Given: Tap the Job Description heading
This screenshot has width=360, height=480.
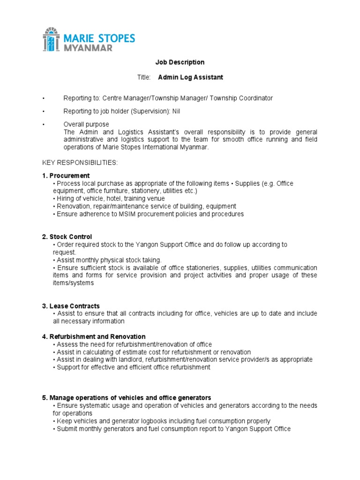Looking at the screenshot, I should pyautogui.click(x=180, y=62).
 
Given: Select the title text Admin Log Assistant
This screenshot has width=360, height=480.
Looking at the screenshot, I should pyautogui.click(x=190, y=77).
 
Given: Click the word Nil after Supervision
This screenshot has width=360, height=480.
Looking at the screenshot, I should pyautogui.click(x=176, y=111).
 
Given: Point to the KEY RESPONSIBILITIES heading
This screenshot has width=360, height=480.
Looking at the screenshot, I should pyautogui.click(x=80, y=162).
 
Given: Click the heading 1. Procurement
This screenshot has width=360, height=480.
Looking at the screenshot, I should pyautogui.click(x=66, y=175).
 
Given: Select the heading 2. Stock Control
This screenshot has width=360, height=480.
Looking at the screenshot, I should pyautogui.click(x=67, y=237).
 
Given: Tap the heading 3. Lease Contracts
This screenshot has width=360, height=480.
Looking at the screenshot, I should pyautogui.click(x=71, y=306).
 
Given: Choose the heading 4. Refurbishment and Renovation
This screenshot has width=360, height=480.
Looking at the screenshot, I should pyautogui.click(x=94, y=337).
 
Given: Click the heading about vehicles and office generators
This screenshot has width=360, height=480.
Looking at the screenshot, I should pyautogui.click(x=127, y=397).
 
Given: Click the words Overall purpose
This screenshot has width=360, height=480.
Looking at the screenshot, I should pyautogui.click(x=86, y=124).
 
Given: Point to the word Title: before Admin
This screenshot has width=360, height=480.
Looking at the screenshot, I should pyautogui.click(x=144, y=77).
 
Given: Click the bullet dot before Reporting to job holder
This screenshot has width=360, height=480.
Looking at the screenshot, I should pyautogui.click(x=43, y=111).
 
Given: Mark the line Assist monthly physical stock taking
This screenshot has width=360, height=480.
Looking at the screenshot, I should pyautogui.click(x=108, y=260).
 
